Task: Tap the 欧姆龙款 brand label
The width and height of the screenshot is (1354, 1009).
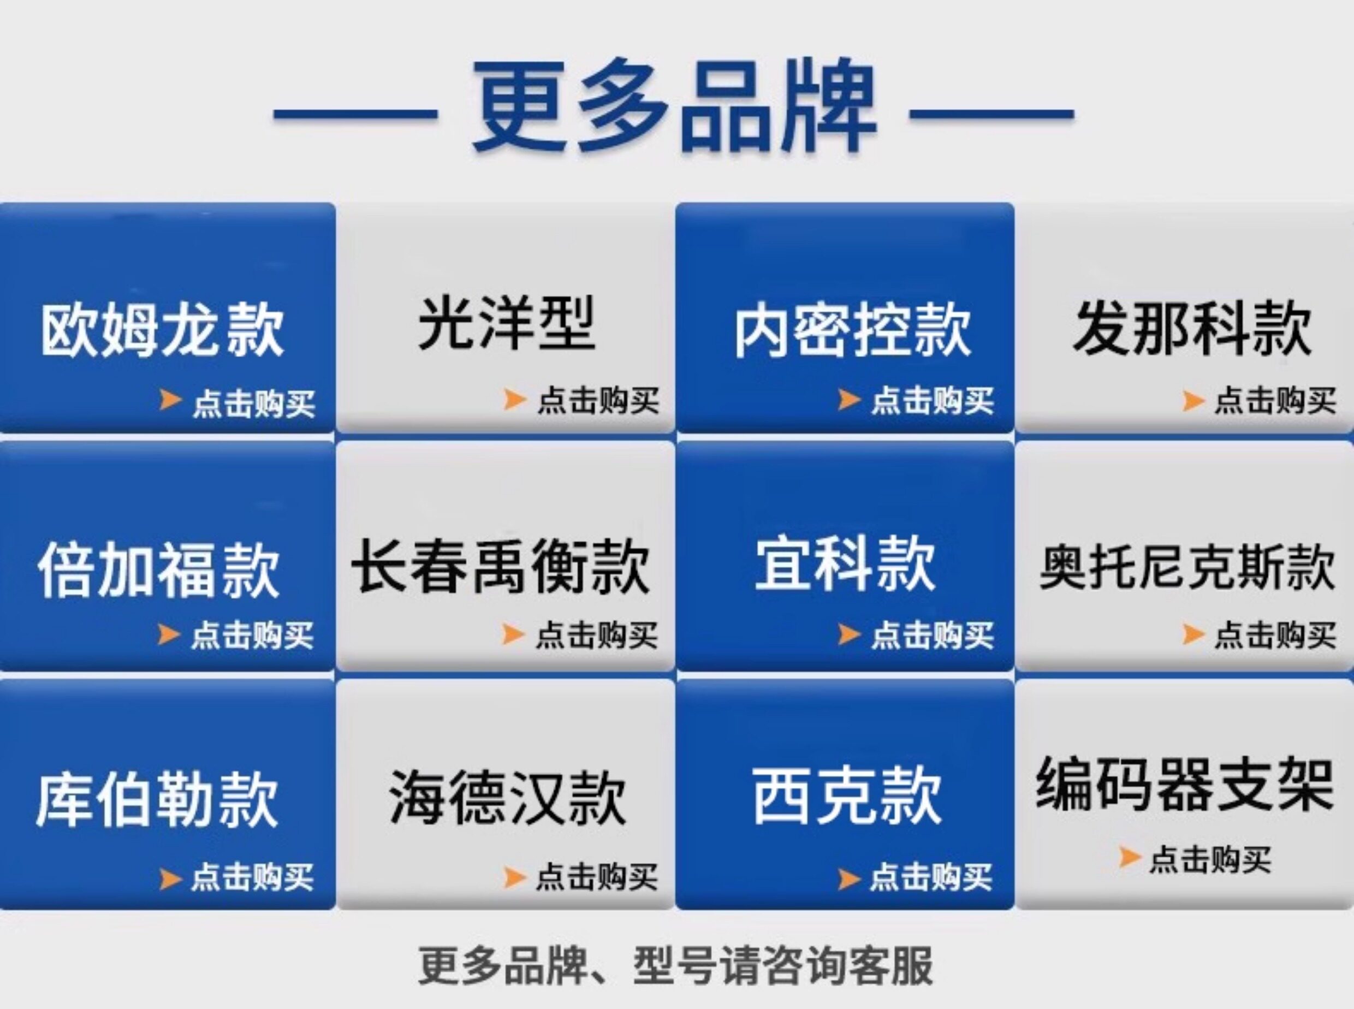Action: (x=163, y=330)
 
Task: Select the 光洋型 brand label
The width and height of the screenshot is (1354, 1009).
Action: (x=506, y=323)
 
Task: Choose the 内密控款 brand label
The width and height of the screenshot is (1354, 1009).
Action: (x=853, y=330)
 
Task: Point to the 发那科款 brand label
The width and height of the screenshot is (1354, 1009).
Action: (x=1193, y=328)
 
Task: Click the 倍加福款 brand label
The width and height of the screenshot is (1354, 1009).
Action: (x=159, y=569)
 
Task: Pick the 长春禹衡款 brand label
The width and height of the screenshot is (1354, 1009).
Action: (x=500, y=565)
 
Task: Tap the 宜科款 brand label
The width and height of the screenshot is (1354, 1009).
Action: (x=845, y=563)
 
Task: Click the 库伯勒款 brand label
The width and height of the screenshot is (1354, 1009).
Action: (x=157, y=799)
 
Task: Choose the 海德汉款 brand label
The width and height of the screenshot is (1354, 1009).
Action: (x=508, y=797)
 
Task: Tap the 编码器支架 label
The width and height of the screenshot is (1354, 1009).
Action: (x=1185, y=785)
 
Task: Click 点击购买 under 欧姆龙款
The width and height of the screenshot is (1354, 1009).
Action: (x=253, y=403)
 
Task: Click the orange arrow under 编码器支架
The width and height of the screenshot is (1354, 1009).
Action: (x=1129, y=857)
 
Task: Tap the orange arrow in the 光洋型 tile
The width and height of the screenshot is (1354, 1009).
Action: (x=515, y=400)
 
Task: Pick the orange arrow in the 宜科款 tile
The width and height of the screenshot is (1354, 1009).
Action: (x=849, y=634)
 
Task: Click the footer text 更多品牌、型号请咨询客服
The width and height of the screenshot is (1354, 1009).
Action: (x=675, y=966)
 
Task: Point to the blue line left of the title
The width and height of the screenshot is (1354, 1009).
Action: (x=355, y=114)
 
